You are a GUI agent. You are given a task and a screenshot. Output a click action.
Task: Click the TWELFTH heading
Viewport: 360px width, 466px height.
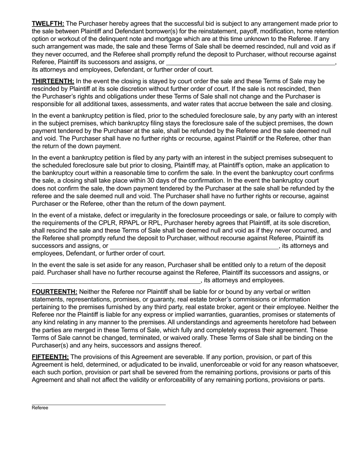[x=48, y=23]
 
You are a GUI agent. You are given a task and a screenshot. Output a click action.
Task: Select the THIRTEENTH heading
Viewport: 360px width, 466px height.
[x=53, y=81]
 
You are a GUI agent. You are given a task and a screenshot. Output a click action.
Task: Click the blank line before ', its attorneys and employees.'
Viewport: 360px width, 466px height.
[x=116, y=281]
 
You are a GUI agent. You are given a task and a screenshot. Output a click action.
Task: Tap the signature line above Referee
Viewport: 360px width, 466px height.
[x=99, y=405]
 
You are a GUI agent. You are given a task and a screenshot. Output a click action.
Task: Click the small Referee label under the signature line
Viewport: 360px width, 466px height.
[x=40, y=408]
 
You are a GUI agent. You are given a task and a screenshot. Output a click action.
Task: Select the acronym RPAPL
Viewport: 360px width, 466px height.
[x=136, y=223]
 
